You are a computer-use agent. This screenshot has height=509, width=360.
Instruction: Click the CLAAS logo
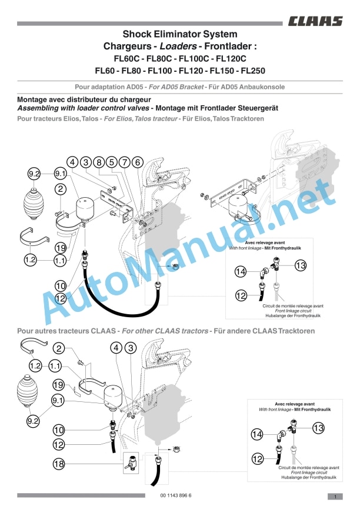tap(315, 21)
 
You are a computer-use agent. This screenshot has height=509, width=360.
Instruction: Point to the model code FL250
tap(253, 71)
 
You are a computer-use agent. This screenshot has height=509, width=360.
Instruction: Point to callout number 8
tap(99, 162)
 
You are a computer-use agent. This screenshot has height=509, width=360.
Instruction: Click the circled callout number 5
tap(112, 162)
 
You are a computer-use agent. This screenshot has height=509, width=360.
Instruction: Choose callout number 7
tap(125, 162)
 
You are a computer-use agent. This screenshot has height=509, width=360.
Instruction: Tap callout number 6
tap(138, 162)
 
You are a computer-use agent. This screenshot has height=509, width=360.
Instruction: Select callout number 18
tap(59, 464)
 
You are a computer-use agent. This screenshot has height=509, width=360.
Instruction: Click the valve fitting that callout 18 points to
tap(131, 461)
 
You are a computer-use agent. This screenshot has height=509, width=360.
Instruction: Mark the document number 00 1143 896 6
tap(176, 495)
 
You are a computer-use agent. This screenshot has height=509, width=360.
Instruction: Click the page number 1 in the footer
tap(335, 496)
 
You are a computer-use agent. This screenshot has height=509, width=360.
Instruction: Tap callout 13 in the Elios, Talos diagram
tap(301, 265)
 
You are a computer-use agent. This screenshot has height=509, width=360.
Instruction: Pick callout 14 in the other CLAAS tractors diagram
tap(257, 434)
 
